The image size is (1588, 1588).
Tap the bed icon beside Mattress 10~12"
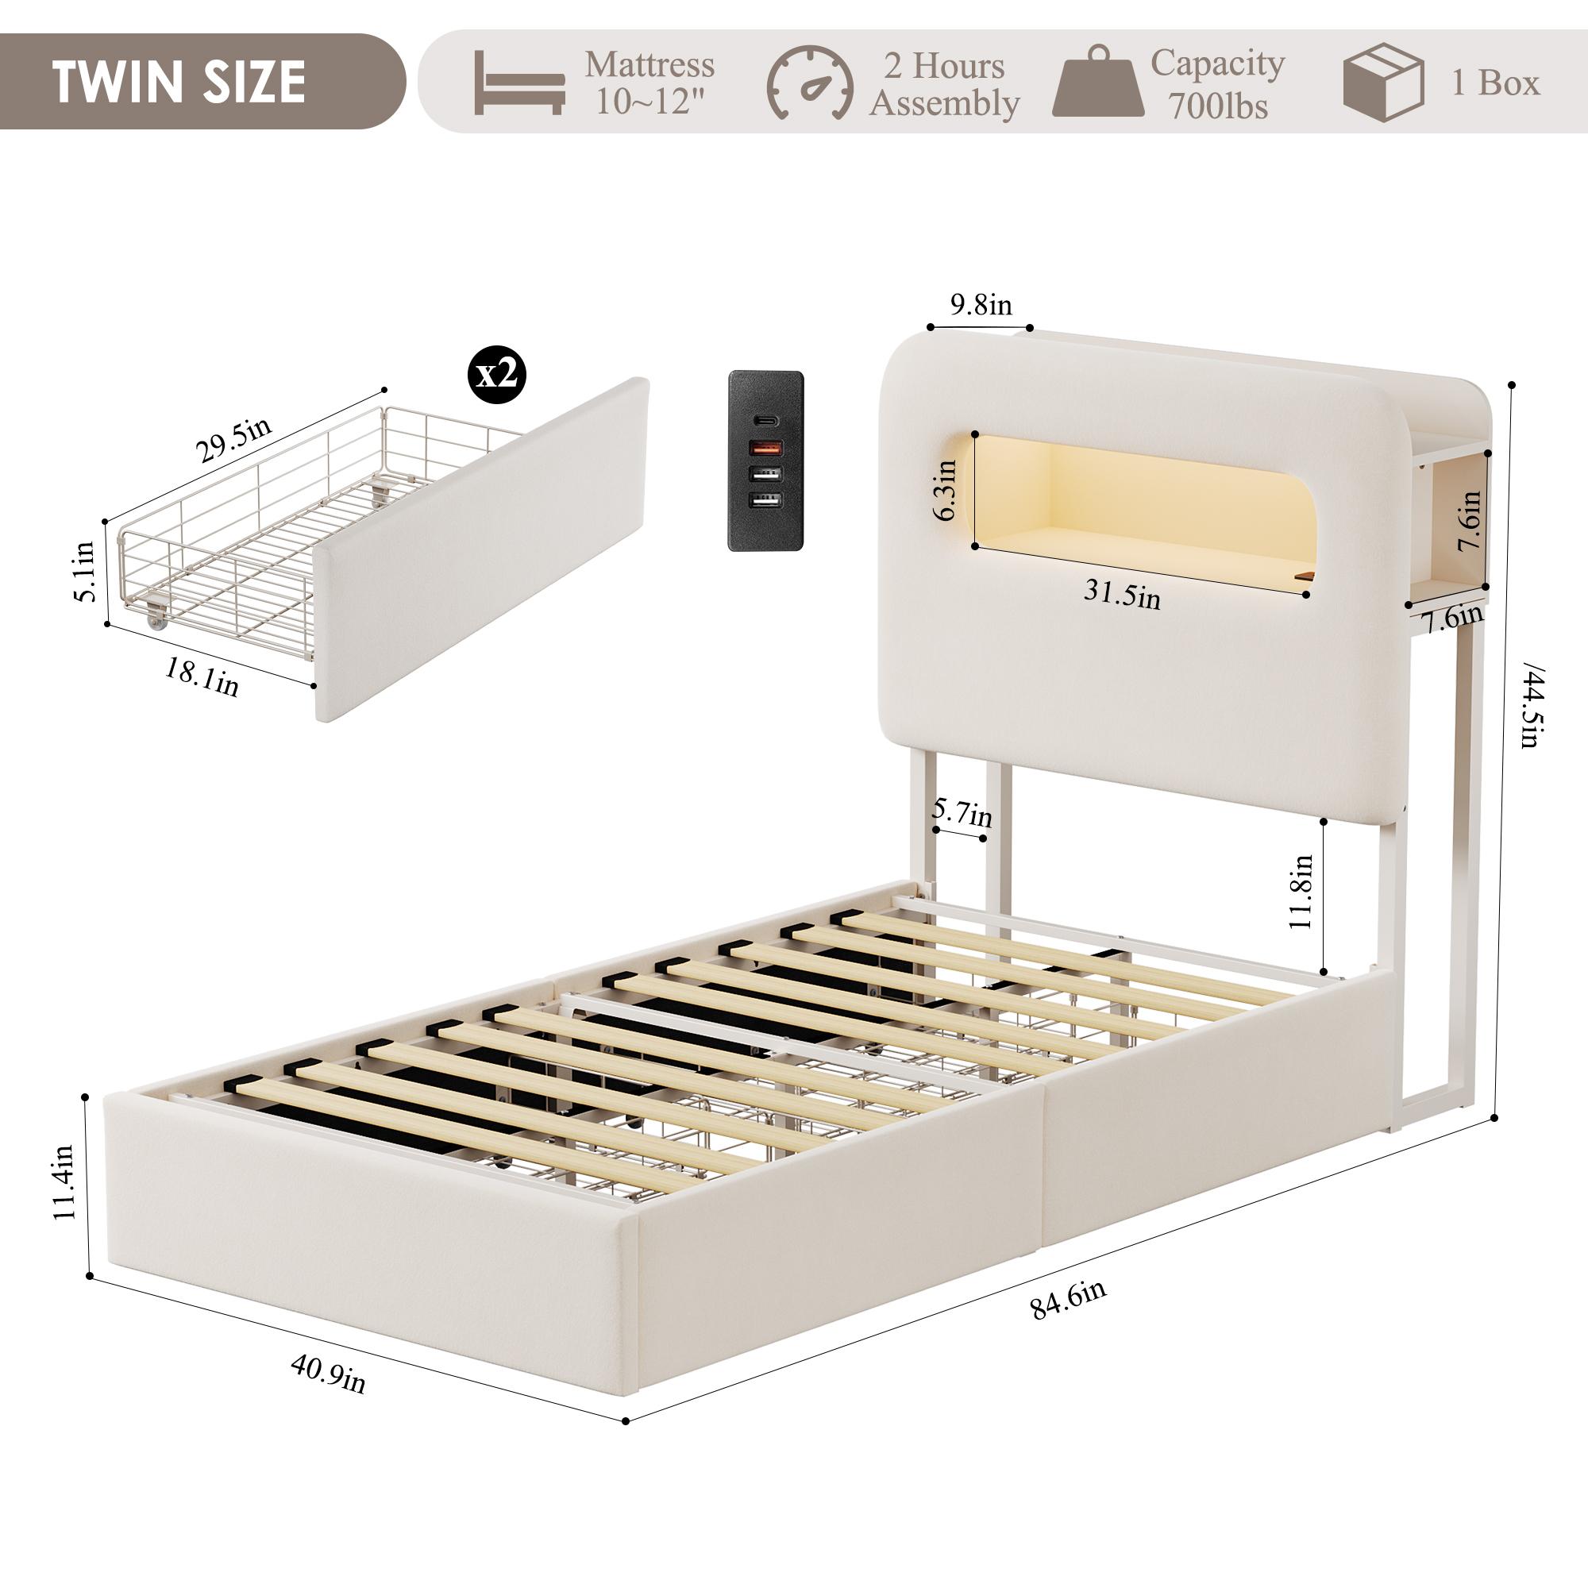519,83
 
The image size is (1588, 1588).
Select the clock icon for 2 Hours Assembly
809,83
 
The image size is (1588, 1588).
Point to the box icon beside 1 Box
1382,83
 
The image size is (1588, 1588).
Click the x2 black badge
496,375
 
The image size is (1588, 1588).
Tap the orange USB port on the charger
765,449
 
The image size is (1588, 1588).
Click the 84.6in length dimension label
1068,1299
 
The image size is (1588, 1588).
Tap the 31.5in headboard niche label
1121,593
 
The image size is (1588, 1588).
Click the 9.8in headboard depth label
981,305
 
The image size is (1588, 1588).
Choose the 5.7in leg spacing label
962,814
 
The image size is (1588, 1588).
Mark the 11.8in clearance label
1301,892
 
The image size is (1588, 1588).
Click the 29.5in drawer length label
233,441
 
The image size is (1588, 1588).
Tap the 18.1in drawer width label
202,677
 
